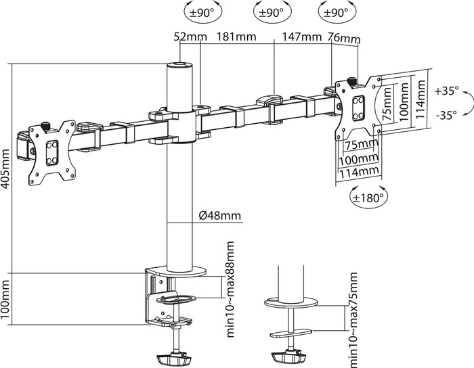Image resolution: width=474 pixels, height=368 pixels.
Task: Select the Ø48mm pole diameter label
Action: [220, 216]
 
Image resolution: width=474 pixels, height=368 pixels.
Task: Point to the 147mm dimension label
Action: [302, 38]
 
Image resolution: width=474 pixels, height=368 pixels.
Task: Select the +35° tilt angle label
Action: [447, 90]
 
